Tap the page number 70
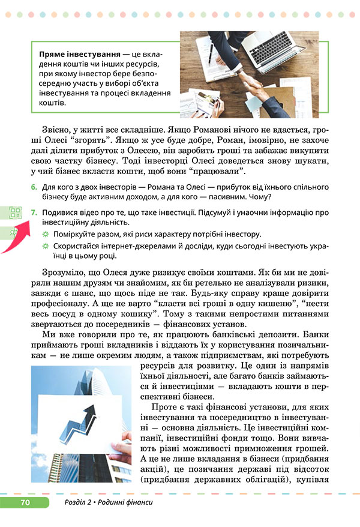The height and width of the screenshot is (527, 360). [x=25, y=502]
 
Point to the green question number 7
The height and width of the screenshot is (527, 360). [x=35, y=212]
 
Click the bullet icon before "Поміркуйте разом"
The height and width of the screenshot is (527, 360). [x=44, y=234]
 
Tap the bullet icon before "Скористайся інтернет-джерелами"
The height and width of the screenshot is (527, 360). [x=44, y=246]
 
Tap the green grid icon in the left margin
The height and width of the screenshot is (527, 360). [x=14, y=212]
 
